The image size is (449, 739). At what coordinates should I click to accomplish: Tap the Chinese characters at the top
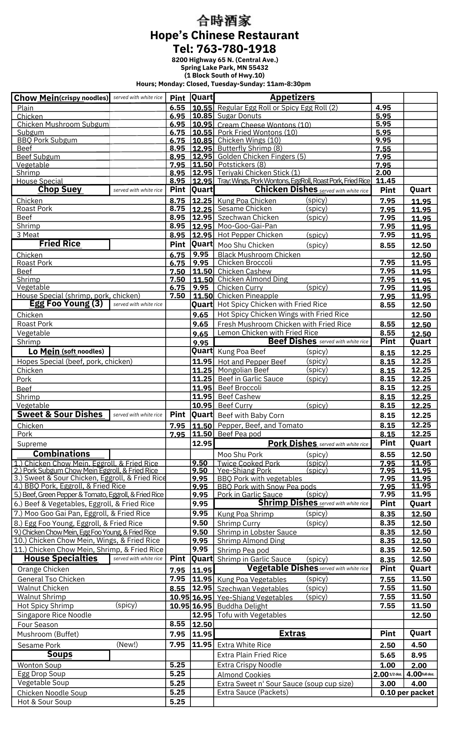pos(224,20)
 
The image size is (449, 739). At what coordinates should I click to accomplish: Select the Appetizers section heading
pos(292,98)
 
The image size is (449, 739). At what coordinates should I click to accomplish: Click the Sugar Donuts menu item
pos(239,116)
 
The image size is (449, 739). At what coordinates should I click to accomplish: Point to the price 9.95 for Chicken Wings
pos(383,140)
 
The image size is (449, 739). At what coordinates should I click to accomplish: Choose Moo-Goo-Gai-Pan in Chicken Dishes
pos(247,226)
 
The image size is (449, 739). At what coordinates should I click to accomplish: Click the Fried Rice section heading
pos(60,244)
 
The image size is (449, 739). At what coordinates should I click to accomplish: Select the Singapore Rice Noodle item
pos(54,615)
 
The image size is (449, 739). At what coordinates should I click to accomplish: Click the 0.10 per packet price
pos(407,692)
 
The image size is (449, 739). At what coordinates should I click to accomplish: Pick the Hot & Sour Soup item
pos(44,702)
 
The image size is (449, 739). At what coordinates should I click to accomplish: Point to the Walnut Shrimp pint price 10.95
pos(179,597)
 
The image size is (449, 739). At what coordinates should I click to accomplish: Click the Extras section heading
pos(292,633)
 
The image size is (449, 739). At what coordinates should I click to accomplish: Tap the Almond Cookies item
pos(244,675)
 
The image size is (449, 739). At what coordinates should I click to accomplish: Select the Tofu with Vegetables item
pos(252,615)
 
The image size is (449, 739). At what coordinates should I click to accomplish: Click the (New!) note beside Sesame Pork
pos(127,645)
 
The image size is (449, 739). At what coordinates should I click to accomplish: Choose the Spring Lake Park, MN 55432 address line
pos(224,68)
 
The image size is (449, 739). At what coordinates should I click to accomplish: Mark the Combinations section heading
pos(61,454)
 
